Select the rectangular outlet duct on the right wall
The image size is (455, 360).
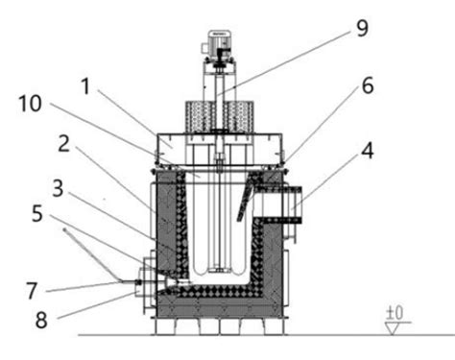(x=289, y=204)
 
